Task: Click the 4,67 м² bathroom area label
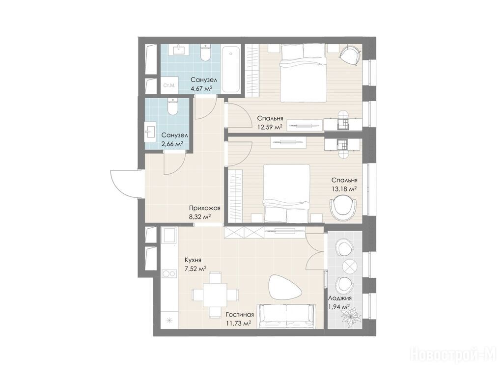(201, 88)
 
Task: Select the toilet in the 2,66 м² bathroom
(172, 107)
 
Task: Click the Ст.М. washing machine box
(169, 85)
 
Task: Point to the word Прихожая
(204, 208)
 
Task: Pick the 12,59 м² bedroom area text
(270, 126)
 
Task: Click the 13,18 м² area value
(344, 188)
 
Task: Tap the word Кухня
(193, 260)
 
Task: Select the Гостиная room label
(240, 315)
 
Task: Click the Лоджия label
(340, 298)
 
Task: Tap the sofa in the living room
(286, 316)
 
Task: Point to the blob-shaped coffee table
(285, 288)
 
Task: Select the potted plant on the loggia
(351, 317)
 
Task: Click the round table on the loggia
(349, 266)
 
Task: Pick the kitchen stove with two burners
(169, 273)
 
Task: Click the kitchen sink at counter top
(169, 236)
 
